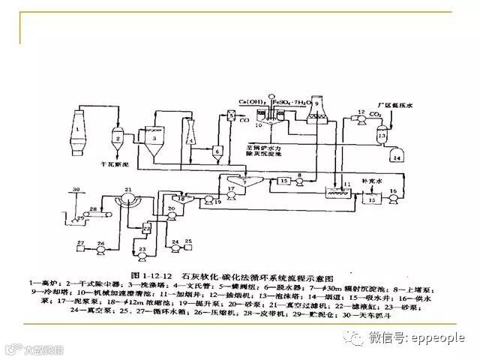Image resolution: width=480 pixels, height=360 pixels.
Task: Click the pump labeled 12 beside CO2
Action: (361, 117)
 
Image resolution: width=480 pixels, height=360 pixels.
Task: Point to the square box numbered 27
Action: (79, 245)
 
